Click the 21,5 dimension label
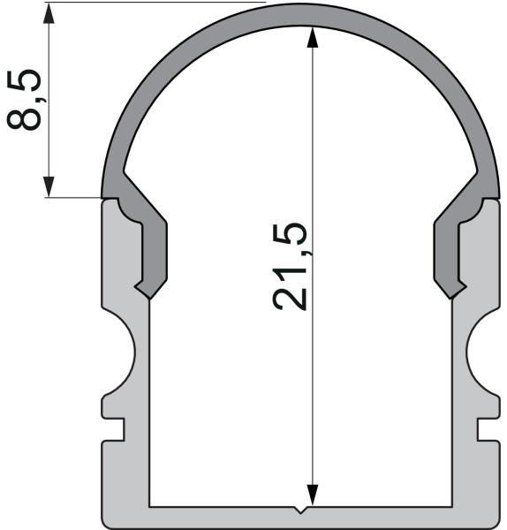[291, 266]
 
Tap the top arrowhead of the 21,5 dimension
[312, 35]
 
